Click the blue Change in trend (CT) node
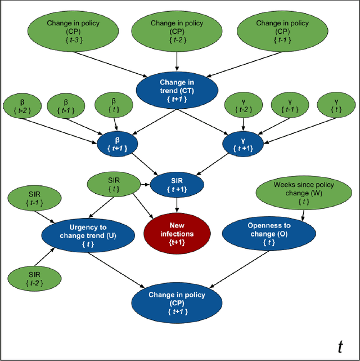point(177,90)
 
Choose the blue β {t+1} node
point(116,144)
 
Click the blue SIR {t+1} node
point(177,184)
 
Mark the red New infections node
point(177,230)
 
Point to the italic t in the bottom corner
point(340,346)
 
